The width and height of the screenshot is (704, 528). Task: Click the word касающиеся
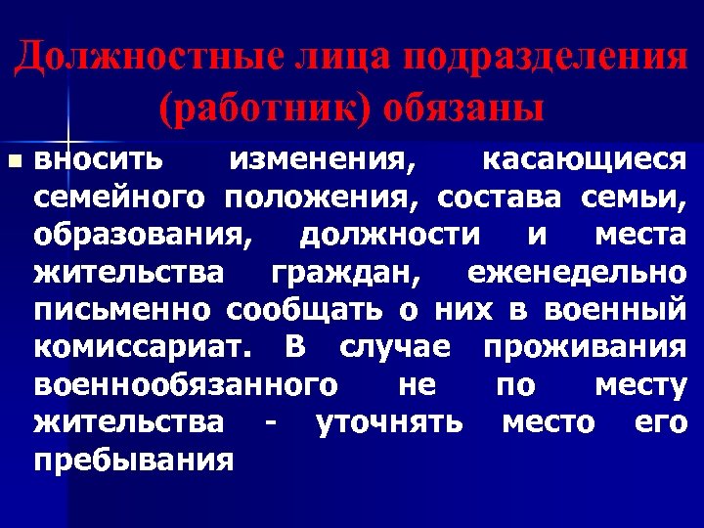coord(587,158)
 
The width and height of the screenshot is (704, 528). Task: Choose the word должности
coord(388,235)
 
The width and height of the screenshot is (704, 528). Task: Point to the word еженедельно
coord(577,272)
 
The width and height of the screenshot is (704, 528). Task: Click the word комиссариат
coord(143,347)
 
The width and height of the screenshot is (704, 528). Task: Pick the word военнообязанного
coord(179,385)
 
